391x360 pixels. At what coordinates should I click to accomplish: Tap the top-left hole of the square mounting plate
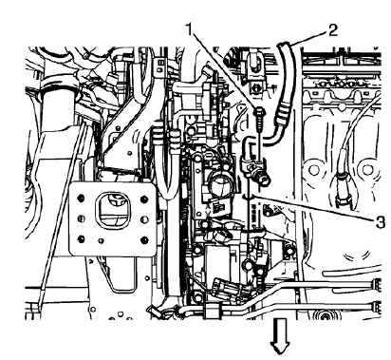[84, 191]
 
